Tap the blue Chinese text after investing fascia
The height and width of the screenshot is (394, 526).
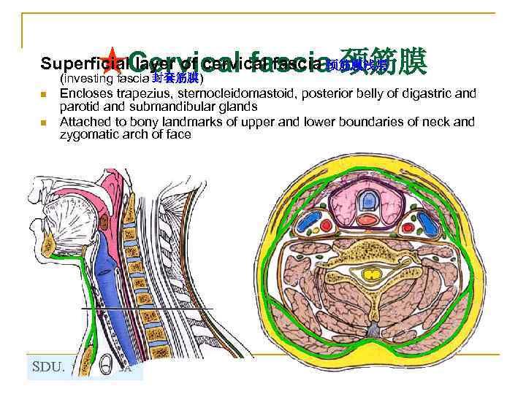(175, 77)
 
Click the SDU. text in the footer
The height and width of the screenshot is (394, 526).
(50, 367)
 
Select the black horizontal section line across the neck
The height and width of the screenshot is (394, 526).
(146, 309)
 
